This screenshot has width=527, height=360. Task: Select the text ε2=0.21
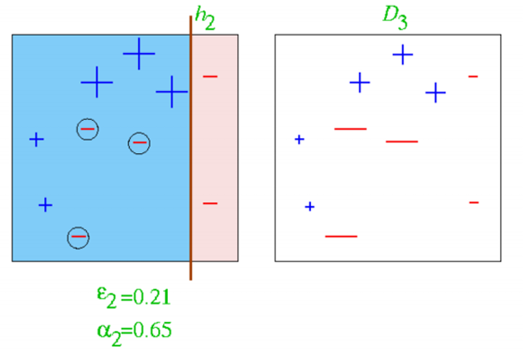[133, 296]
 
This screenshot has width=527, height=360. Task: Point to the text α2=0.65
[134, 329]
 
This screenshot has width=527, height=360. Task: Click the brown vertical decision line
[191, 166]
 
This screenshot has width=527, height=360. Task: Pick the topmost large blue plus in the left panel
[139, 54]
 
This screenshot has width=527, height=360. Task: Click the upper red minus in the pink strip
[210, 76]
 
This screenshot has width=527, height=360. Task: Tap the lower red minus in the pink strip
[210, 203]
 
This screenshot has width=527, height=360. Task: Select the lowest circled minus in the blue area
[79, 237]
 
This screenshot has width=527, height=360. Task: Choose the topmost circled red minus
[87, 128]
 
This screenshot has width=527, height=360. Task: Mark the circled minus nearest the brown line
[140, 143]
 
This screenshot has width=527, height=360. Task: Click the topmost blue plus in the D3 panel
[403, 55]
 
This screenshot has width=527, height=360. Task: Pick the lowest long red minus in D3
[341, 236]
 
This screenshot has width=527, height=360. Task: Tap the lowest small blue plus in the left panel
[46, 204]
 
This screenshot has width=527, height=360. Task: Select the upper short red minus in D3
[473, 76]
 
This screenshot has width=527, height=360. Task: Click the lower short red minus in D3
[474, 202]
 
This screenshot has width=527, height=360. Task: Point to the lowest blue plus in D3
[309, 206]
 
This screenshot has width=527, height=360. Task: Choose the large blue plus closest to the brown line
[171, 91]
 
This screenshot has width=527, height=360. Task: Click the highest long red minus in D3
[350, 128]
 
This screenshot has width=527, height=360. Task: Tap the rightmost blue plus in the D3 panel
[436, 93]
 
